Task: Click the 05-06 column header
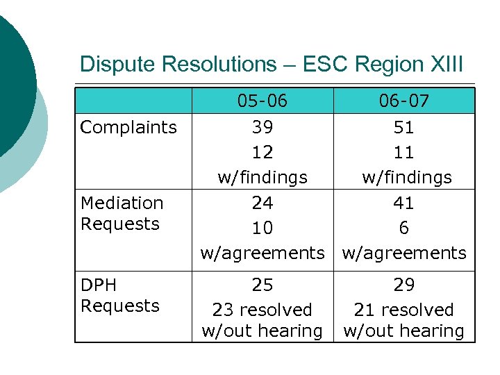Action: coord(262,101)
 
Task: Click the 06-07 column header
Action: coord(403,101)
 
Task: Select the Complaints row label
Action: coord(128,127)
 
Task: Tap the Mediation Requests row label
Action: coord(122,213)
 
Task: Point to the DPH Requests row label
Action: coord(120,295)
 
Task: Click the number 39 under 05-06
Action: coord(262,127)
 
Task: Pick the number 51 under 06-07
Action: coord(403,127)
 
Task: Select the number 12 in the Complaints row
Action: coord(262,152)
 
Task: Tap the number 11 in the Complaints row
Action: coord(403,152)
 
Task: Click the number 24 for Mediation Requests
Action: coord(262,203)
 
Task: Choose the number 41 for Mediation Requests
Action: coord(403,203)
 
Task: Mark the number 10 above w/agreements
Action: coord(262,228)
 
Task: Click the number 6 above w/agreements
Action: coord(403,228)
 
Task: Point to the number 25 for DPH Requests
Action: coord(262,285)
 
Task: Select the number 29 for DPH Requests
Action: coord(403,285)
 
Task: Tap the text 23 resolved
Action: coord(262,310)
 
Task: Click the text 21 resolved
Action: coord(403,310)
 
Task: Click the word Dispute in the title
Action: coord(117,65)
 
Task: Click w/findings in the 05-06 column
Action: coord(262,178)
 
